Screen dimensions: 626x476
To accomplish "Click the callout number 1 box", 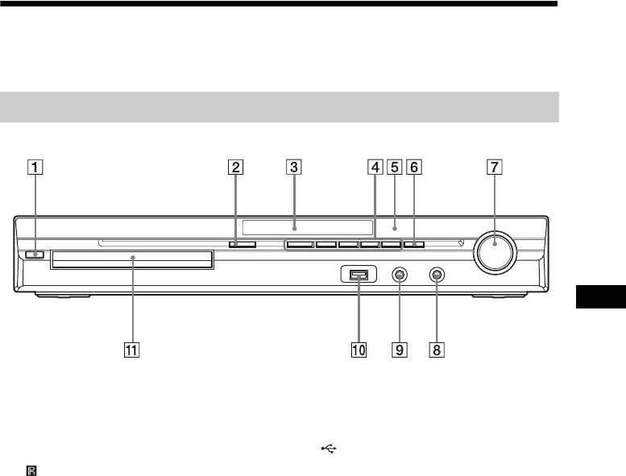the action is point(35,168).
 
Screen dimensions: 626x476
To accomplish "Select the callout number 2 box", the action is point(235,168).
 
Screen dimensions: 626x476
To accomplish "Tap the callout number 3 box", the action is point(294,168).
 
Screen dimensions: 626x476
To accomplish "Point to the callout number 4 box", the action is point(375,168).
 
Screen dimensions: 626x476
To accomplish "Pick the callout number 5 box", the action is point(395,168).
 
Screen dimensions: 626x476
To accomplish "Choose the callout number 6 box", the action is point(414,168).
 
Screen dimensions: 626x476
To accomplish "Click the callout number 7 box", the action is point(495,168).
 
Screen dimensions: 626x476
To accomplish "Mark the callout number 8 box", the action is point(437,350).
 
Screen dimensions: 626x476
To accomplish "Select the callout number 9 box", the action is point(400,350).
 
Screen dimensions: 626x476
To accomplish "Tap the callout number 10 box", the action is point(359,350).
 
